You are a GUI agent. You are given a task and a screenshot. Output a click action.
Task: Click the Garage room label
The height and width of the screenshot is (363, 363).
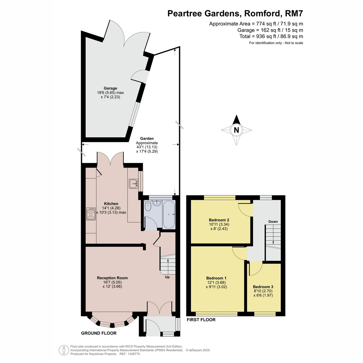(x=110, y=88)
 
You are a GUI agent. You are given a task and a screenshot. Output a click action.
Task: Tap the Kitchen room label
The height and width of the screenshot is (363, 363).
(x=111, y=204)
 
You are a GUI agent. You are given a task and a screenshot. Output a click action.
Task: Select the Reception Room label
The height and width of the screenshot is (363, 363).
(x=112, y=278)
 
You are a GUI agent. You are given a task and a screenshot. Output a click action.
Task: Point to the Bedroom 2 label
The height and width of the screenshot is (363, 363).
(x=219, y=220)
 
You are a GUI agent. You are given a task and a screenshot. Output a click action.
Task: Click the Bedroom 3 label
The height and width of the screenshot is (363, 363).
(x=263, y=287)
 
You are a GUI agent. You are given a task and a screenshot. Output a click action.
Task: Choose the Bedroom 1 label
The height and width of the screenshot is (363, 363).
(x=216, y=278)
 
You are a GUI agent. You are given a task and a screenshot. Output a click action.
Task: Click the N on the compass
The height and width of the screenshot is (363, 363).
(x=236, y=130)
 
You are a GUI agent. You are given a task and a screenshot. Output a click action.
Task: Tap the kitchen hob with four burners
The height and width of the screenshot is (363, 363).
(x=91, y=214)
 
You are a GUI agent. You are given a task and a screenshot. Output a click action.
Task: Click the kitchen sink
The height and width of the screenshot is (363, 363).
(x=134, y=184)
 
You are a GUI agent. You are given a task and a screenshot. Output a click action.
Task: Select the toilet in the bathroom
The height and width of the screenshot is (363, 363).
(x=148, y=206)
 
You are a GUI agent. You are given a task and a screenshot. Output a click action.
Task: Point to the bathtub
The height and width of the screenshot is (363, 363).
(x=169, y=214)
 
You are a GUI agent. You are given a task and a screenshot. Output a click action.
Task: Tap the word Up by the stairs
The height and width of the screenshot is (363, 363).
(x=167, y=277)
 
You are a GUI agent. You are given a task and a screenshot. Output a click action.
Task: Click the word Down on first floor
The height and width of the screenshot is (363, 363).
(x=273, y=221)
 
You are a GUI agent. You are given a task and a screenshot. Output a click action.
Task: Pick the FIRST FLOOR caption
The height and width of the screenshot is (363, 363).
(x=201, y=320)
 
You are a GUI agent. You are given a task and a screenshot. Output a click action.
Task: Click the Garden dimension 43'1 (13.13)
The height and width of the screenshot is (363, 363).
(x=147, y=147)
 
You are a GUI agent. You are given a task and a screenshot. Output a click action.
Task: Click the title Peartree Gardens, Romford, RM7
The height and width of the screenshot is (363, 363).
(x=235, y=14)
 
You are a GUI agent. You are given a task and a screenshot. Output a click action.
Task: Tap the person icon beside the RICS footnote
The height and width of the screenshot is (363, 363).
(x=64, y=350)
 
